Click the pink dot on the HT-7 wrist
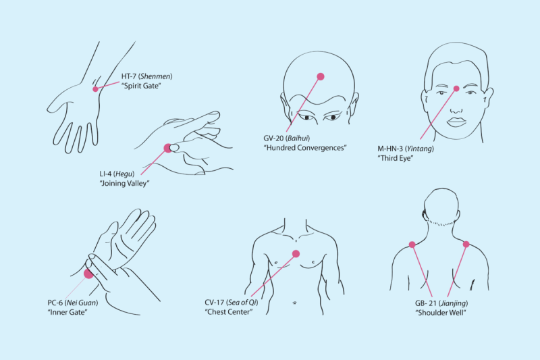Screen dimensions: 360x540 click(x=95, y=88)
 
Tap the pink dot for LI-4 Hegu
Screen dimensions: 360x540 click(x=167, y=148)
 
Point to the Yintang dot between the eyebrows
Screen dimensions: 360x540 click(x=456, y=88)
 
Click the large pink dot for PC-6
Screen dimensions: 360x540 click(x=88, y=274)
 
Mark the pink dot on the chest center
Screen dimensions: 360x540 click(x=296, y=254)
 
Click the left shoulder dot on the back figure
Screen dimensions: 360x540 click(x=412, y=245)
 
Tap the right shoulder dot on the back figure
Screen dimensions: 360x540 click(x=466, y=244)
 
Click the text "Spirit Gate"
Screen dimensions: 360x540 click(x=141, y=86)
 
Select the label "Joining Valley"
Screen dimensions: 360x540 click(x=124, y=183)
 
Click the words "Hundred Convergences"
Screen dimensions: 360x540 click(x=305, y=147)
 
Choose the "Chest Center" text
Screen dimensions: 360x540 click(x=228, y=312)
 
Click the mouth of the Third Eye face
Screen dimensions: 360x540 click(x=456, y=122)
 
